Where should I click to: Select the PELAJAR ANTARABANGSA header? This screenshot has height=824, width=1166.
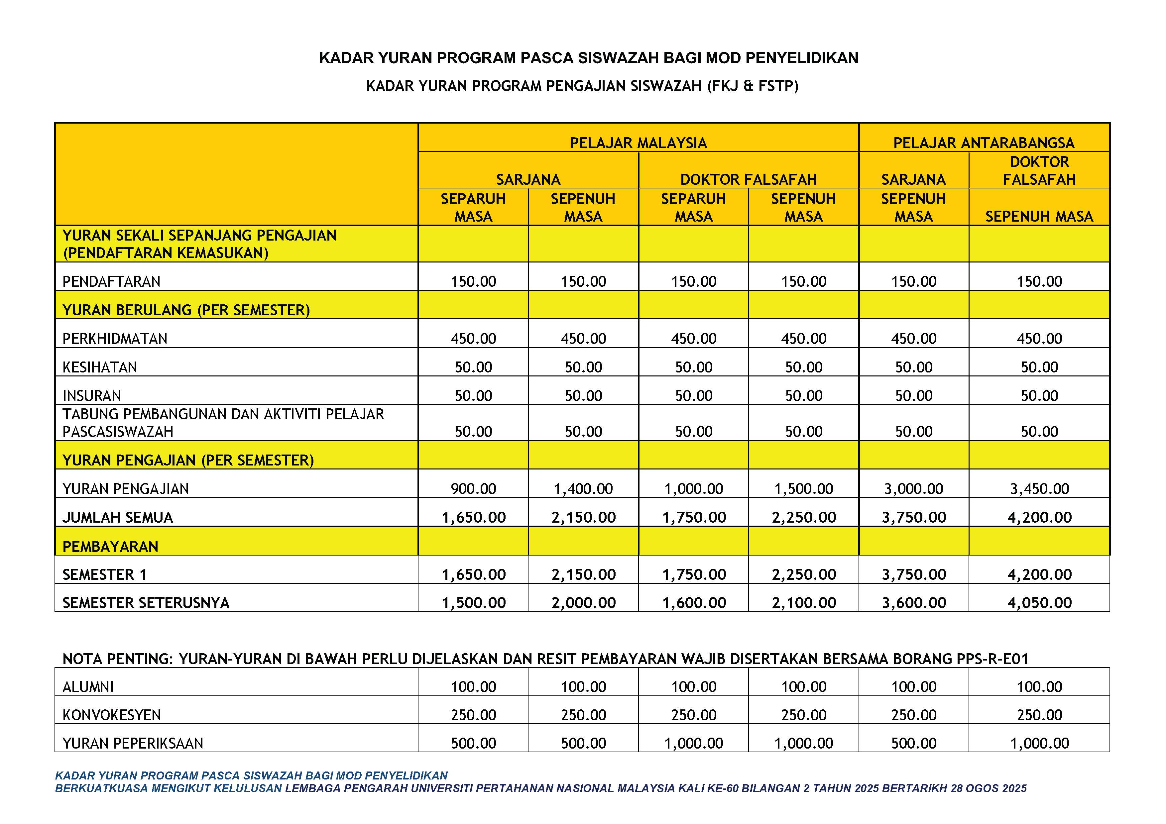984,143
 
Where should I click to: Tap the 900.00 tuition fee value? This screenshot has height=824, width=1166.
473,488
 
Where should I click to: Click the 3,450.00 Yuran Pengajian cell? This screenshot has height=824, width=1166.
1039,488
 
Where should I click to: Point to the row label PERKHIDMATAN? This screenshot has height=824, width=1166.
115,338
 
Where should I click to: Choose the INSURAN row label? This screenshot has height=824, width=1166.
92,395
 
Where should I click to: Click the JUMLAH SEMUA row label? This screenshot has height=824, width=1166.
118,517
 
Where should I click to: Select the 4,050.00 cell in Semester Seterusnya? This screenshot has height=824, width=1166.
1039,603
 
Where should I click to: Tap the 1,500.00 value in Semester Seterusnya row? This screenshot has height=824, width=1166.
473,603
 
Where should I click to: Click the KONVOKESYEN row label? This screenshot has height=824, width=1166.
112,715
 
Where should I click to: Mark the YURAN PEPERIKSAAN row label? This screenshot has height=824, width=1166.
133,743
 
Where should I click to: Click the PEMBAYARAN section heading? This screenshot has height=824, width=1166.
110,546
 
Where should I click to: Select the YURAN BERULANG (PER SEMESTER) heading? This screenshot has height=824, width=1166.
186,310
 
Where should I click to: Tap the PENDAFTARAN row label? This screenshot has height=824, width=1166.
111,281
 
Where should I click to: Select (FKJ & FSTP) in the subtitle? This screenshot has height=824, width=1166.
753,86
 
